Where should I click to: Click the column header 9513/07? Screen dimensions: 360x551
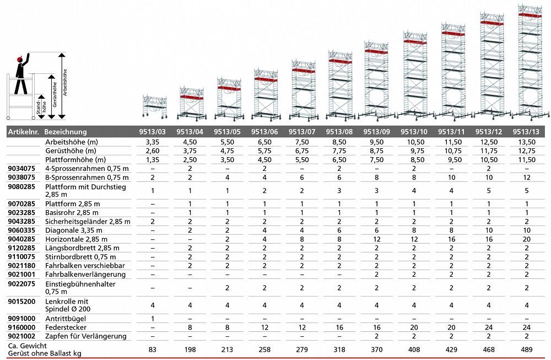click(x=302, y=132)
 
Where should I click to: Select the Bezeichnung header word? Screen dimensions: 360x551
click(x=66, y=132)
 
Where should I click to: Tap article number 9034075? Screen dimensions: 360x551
click(x=21, y=168)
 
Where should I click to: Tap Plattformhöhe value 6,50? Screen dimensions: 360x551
click(x=339, y=159)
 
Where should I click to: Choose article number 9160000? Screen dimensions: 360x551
click(x=21, y=327)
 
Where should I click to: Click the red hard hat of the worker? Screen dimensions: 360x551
click(x=21, y=58)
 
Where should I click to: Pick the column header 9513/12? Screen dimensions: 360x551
click(x=489, y=132)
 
